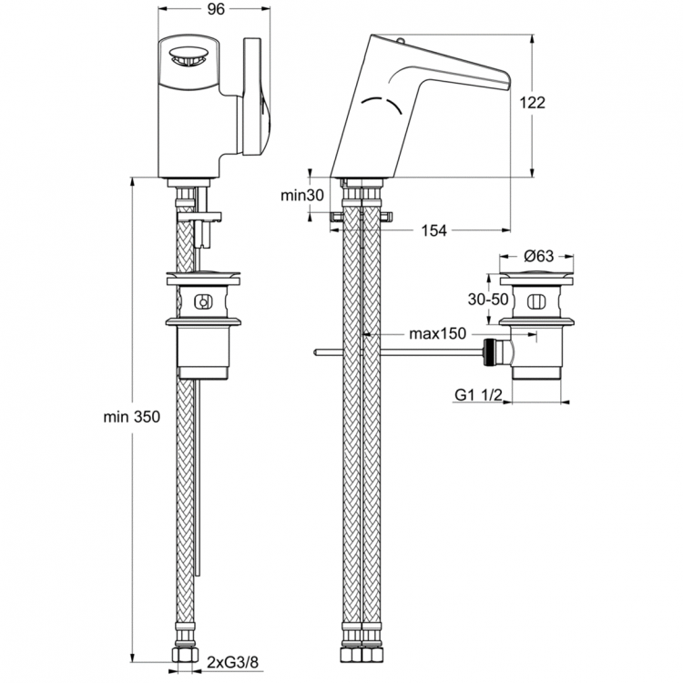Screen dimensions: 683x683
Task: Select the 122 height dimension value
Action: click(x=532, y=103)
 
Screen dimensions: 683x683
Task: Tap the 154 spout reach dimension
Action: click(x=434, y=231)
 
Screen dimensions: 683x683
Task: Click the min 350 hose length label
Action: click(x=131, y=417)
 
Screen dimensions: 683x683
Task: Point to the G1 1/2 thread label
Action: click(x=478, y=393)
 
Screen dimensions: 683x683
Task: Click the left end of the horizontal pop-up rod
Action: click(x=314, y=352)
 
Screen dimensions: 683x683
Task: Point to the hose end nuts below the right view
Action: click(x=362, y=657)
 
